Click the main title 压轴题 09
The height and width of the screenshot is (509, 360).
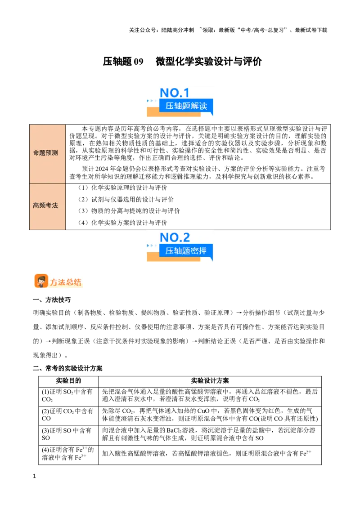tap(123, 61)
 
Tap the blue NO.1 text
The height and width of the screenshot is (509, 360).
tap(175, 93)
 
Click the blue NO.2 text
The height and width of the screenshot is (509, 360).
tap(175, 237)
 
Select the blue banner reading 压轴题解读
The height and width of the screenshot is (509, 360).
tap(186, 106)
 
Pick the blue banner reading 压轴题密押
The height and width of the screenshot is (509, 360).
tap(186, 250)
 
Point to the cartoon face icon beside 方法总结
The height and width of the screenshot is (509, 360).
tap(41, 281)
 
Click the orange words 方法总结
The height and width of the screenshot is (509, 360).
tap(66, 282)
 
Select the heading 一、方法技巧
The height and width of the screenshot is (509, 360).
tap(52, 299)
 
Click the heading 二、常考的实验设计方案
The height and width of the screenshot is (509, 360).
tap(67, 368)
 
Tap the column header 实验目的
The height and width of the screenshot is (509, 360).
tap(68, 381)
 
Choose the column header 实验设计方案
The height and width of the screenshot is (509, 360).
tap(210, 381)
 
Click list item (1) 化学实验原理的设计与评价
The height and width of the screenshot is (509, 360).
tap(122, 188)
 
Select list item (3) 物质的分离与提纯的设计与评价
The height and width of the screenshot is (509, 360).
tap(129, 211)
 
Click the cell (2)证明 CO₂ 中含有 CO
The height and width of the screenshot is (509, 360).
tap(67, 415)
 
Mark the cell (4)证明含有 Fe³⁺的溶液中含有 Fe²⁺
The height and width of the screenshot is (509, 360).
tap(67, 454)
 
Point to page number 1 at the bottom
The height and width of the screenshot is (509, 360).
tap(35, 476)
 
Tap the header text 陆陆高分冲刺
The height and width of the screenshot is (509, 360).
tap(177, 30)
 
